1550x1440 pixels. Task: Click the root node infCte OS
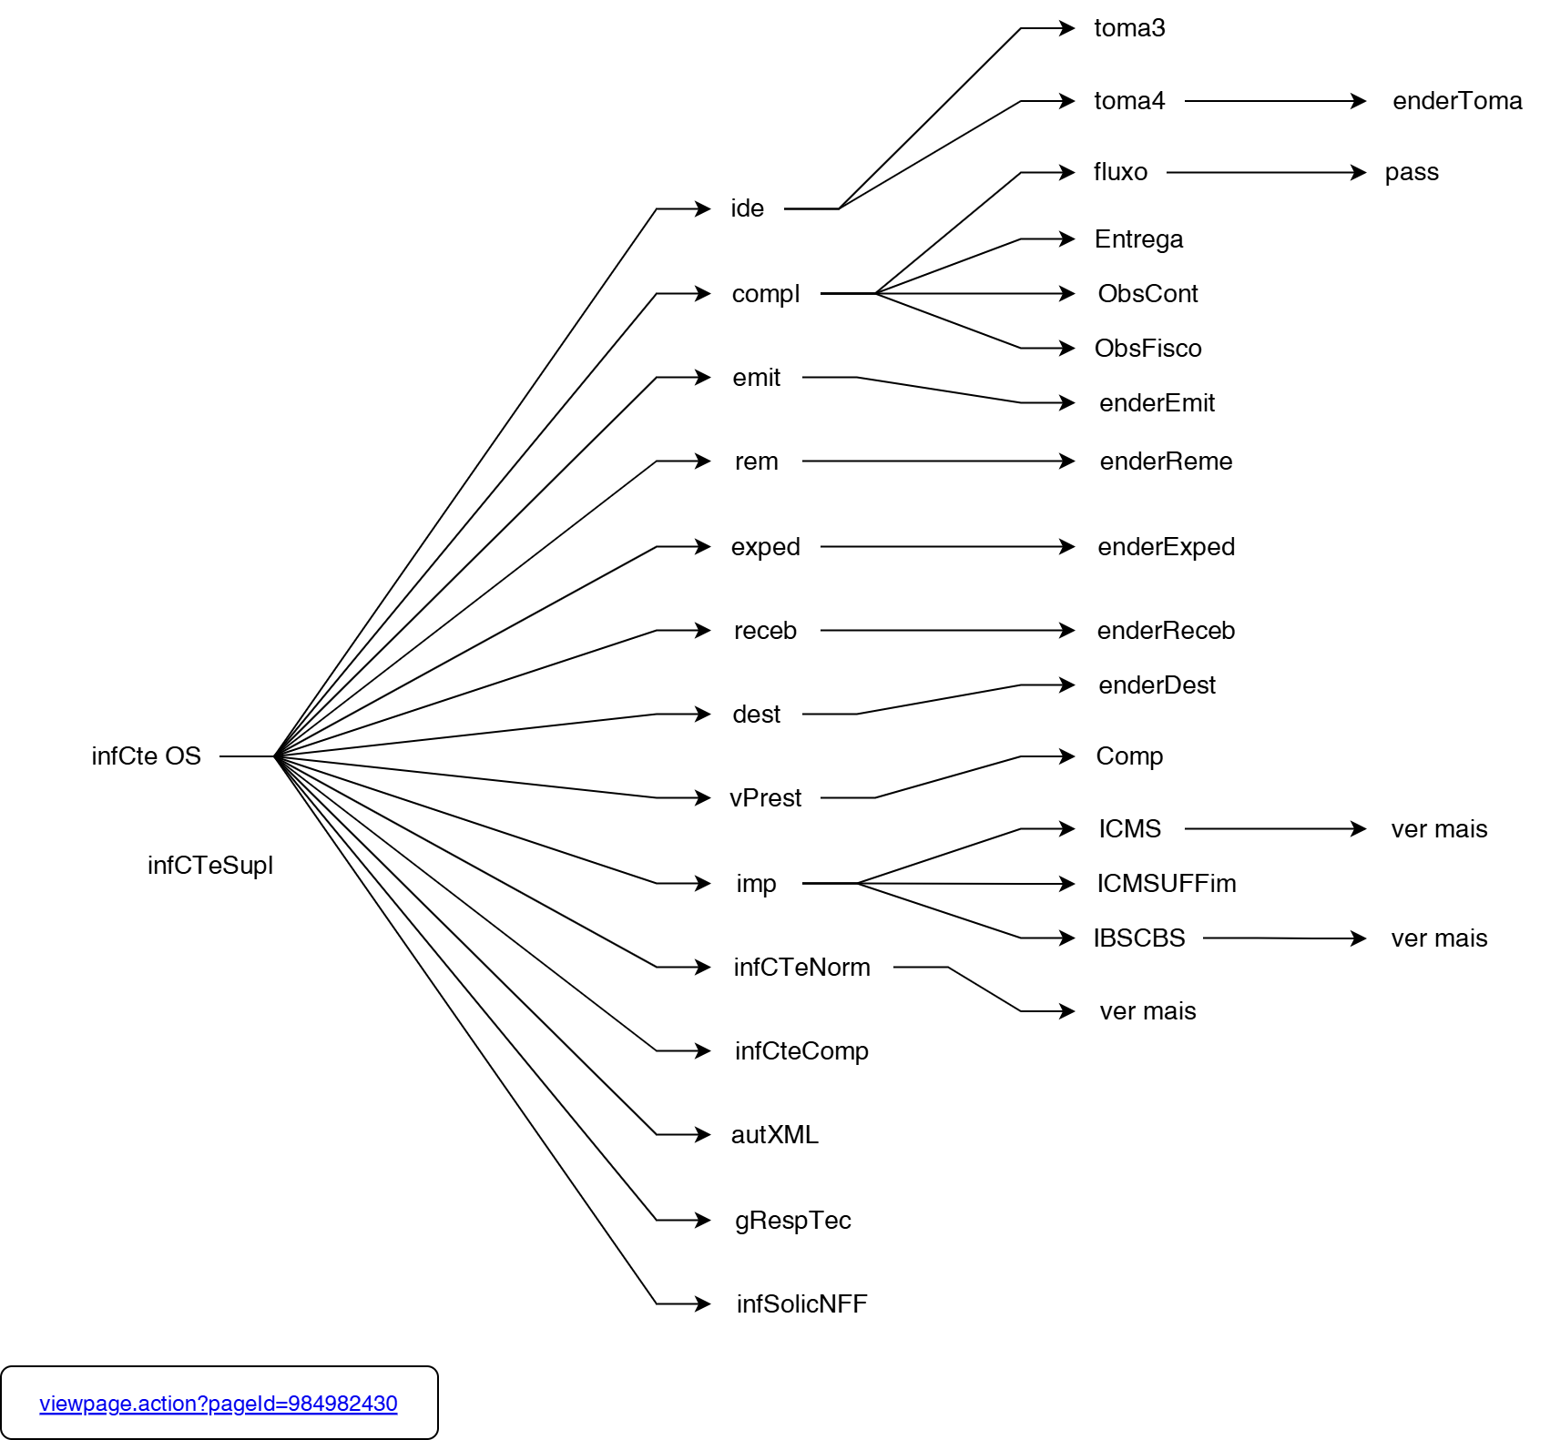point(146,756)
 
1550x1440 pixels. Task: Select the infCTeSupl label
point(210,866)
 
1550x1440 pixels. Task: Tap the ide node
point(747,208)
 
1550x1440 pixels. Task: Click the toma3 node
point(1129,28)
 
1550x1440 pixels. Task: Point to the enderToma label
point(1457,101)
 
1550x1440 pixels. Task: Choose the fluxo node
point(1120,172)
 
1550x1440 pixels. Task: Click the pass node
point(1412,172)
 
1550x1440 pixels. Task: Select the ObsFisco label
point(1147,349)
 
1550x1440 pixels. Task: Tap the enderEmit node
point(1157,403)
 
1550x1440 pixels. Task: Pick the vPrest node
point(765,798)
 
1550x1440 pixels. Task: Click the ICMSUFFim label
point(1166,884)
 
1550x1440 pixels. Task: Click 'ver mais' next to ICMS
point(1439,829)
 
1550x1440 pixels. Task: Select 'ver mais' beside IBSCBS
point(1439,938)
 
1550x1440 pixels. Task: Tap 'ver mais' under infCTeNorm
point(1147,1011)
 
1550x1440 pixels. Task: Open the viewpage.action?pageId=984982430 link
point(219,1404)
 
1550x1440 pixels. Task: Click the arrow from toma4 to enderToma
point(1275,101)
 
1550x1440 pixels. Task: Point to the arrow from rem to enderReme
point(938,461)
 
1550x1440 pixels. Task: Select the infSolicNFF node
point(801,1304)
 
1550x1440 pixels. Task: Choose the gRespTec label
point(792,1221)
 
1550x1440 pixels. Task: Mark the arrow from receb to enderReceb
point(947,631)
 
